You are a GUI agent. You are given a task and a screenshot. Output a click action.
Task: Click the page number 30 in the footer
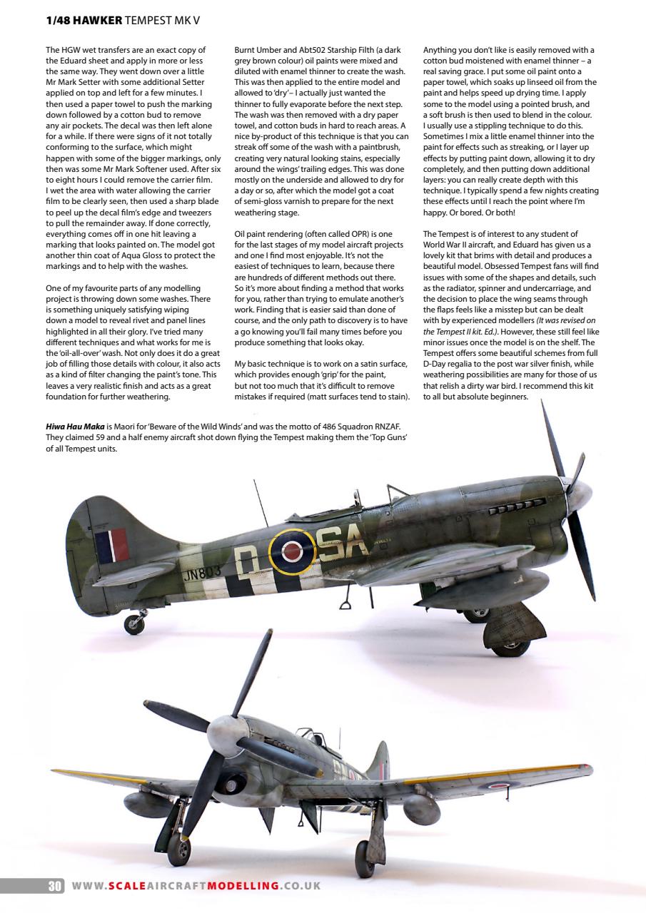pos(55,887)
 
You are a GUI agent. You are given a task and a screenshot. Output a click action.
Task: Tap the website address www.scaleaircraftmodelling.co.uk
pos(196,886)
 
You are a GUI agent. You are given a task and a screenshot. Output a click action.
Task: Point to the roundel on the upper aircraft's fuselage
pos(291,551)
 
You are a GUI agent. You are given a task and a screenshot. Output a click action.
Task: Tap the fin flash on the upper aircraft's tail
pos(111,544)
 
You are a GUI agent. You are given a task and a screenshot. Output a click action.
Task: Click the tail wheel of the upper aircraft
pos(133,625)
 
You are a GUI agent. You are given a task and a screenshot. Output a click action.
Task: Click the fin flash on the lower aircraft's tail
pos(385,769)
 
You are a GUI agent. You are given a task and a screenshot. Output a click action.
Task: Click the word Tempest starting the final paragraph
pos(455,234)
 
